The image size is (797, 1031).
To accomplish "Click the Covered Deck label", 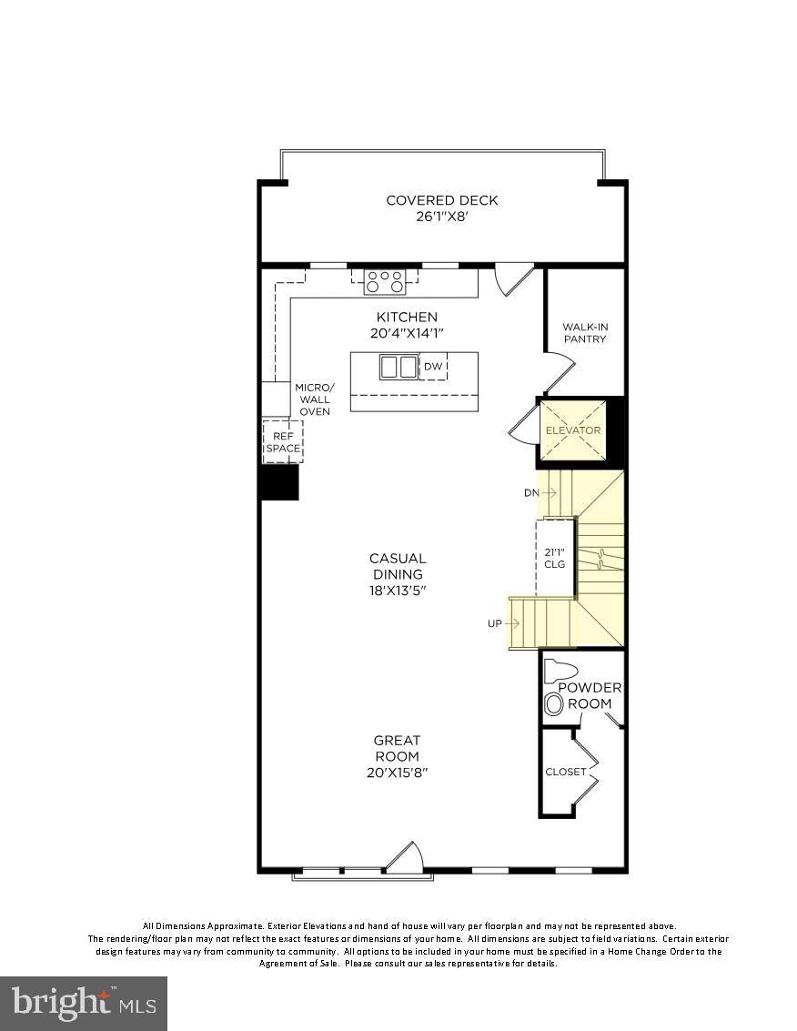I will pos(442,200).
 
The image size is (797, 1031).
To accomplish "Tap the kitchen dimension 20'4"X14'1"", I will pos(407,333).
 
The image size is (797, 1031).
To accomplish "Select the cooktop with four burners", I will pos(385,281).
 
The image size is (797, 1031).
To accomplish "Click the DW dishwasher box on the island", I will pos(434,367).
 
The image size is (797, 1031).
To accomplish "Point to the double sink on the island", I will pos(398,367).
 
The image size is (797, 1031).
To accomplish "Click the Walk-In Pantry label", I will pos(584,332).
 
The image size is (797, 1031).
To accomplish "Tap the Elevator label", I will pos(572,430).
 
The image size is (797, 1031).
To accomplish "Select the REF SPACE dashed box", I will pos(282,442).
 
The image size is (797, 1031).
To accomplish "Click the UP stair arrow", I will pos(504,623).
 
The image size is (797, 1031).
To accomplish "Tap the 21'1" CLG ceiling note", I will pos(555,558).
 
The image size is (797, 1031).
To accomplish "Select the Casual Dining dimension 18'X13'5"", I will pos(398,591).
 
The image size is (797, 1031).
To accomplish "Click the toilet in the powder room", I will pos(556,672).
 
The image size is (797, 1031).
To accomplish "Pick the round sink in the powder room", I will pos(553,703).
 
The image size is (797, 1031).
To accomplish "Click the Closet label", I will pos(566,772).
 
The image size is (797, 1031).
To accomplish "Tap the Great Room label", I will pos(398,748).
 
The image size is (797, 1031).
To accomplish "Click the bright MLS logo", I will pos(83,1004).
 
